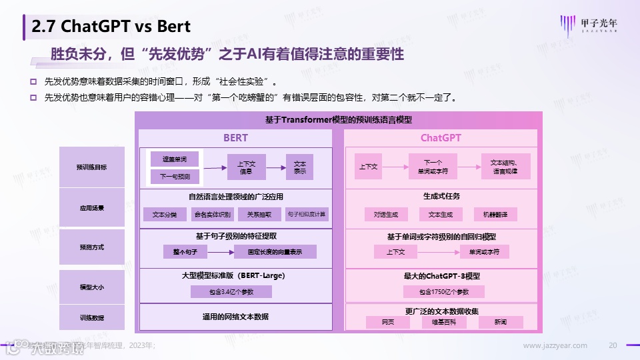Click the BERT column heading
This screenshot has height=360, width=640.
(235, 138)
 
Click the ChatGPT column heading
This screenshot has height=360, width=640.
(441, 138)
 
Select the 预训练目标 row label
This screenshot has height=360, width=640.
(91, 167)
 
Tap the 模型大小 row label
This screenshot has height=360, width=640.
(91, 287)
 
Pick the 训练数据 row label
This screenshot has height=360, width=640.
(91, 317)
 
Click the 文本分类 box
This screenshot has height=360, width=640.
(165, 215)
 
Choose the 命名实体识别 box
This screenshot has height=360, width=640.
(212, 215)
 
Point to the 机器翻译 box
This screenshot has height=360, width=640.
(495, 215)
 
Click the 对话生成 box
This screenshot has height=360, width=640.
(386, 215)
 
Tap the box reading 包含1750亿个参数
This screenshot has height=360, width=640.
(444, 292)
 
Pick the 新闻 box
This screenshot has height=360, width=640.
(501, 322)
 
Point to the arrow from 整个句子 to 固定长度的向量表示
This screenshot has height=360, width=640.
(221, 252)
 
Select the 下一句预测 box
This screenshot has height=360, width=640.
(175, 177)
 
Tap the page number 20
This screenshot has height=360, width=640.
(613, 345)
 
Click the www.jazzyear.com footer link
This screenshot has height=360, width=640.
(555, 345)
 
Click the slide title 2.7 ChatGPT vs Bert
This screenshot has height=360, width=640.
(111, 27)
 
